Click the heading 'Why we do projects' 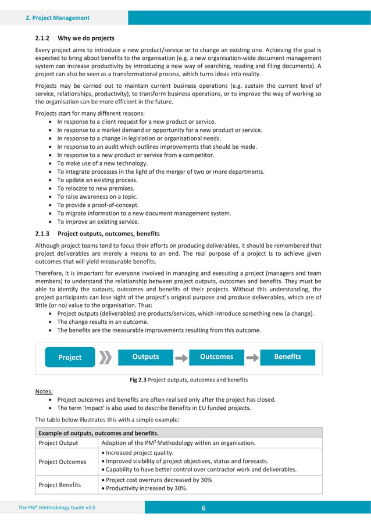[x=85, y=38]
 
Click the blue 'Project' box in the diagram [x=70, y=357]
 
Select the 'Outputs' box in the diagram [x=145, y=356]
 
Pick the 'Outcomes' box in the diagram [x=216, y=356]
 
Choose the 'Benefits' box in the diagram [x=287, y=356]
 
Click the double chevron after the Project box [x=105, y=357]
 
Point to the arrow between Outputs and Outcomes [x=181, y=357]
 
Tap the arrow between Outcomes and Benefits [x=252, y=357]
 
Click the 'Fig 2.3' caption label [x=138, y=380]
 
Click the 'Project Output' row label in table [x=58, y=443]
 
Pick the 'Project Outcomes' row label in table [x=62, y=461]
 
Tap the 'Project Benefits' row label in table [x=60, y=484]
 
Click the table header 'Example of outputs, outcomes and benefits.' [x=98, y=433]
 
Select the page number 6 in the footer [x=204, y=508]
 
